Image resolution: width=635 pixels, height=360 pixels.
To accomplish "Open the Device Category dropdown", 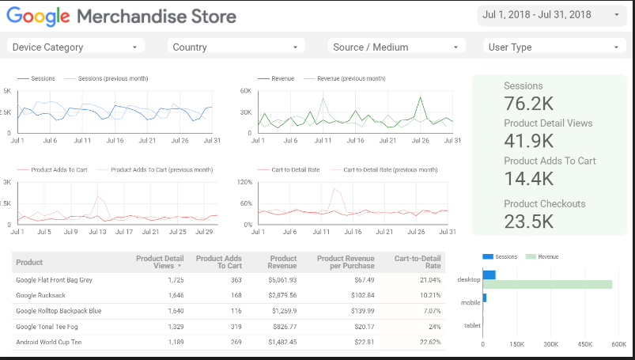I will click(75, 47).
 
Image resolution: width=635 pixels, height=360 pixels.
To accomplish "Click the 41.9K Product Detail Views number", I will click(529, 141).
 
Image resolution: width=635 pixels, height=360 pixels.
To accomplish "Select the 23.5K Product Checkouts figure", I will click(529, 221).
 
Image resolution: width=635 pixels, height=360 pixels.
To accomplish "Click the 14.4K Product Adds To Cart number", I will click(529, 179).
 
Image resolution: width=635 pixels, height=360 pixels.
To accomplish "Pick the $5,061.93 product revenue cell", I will click(282, 279).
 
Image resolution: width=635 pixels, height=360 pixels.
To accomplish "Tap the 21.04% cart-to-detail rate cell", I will click(430, 279).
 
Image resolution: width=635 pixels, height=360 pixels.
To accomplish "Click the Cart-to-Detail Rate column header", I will click(418, 262).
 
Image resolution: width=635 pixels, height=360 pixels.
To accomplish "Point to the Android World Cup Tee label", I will click(49, 342).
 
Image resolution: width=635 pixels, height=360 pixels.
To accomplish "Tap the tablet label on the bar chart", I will click(471, 324).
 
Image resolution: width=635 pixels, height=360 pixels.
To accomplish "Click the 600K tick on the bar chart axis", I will click(619, 345).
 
